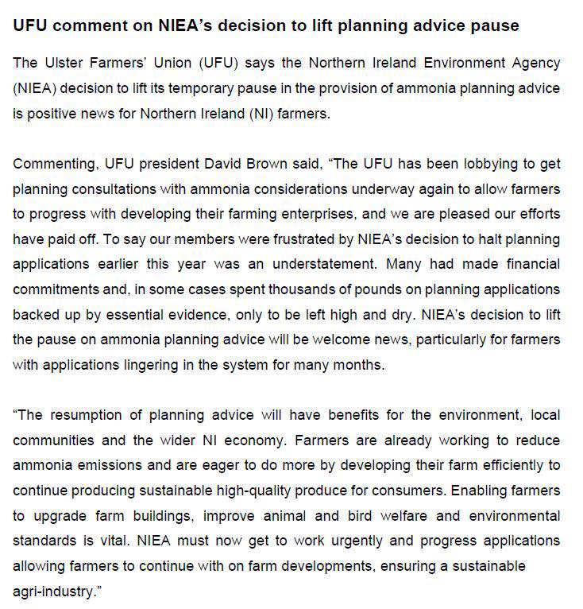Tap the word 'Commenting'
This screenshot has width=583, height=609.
point(54,164)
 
